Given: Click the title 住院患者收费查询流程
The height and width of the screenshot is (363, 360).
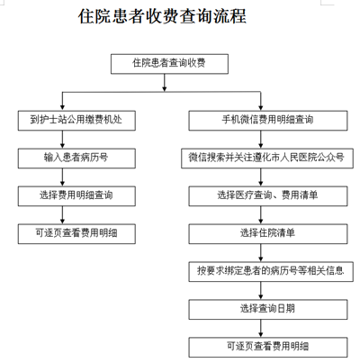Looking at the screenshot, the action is click(162, 16).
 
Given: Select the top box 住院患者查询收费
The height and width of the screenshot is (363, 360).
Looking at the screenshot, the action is click(169, 64).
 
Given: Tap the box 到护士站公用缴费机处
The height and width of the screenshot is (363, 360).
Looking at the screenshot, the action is click(76, 121).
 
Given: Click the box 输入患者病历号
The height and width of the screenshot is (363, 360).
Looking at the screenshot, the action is click(76, 159).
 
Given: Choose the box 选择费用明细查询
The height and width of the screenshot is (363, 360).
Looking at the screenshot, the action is click(76, 196).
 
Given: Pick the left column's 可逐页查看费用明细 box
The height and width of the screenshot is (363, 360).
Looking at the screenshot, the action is click(76, 234).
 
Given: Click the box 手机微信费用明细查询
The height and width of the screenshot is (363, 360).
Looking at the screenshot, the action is click(268, 121).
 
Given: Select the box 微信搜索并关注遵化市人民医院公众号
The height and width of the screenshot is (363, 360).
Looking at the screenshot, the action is click(267, 159).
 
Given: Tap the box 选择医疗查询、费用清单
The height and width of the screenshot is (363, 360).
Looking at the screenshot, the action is click(268, 196).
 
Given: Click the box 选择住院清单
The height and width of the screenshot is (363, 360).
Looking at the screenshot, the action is click(268, 234).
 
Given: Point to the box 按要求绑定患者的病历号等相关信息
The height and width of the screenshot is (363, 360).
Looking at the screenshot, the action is click(271, 272).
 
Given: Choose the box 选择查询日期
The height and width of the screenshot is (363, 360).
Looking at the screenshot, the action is click(268, 310).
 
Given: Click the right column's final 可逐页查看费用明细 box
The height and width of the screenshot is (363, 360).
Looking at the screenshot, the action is click(268, 348).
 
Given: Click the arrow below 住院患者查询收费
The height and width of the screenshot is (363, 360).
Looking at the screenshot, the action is click(165, 83).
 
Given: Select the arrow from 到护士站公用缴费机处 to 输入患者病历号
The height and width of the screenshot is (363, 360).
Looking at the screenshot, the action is click(62, 140).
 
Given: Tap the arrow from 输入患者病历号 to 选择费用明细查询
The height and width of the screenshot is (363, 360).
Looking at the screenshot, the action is click(62, 177).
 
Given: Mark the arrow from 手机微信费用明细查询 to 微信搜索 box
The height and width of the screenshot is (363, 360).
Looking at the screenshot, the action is click(261, 140).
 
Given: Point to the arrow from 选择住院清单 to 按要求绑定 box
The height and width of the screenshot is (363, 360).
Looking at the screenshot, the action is click(261, 253).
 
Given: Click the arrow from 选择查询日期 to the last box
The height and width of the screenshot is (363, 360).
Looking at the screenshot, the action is click(261, 329).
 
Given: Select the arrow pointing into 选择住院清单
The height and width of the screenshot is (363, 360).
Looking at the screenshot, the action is click(261, 215).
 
